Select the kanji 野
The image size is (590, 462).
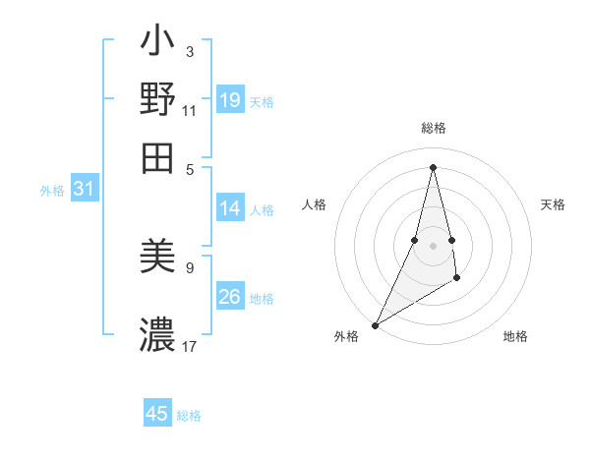[x=157, y=100]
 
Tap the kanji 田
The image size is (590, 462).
[x=157, y=157]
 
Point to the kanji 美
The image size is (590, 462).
[x=157, y=259]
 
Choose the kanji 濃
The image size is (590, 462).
[x=157, y=335]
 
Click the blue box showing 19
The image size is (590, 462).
[x=230, y=100]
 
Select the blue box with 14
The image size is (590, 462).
[x=230, y=208]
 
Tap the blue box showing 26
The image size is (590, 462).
[x=230, y=297]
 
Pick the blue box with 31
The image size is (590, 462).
[x=84, y=190]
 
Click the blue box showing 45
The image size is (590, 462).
[x=157, y=414]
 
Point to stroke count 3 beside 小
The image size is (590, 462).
[x=189, y=51]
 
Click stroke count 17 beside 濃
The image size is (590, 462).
[x=190, y=346]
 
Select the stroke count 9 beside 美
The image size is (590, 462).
[x=189, y=266]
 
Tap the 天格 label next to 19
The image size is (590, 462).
[x=262, y=102]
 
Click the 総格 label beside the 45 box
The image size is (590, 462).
[x=189, y=416]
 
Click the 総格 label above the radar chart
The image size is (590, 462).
[x=434, y=129]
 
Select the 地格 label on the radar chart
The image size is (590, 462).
[x=515, y=337]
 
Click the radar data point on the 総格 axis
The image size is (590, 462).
[x=434, y=167]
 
